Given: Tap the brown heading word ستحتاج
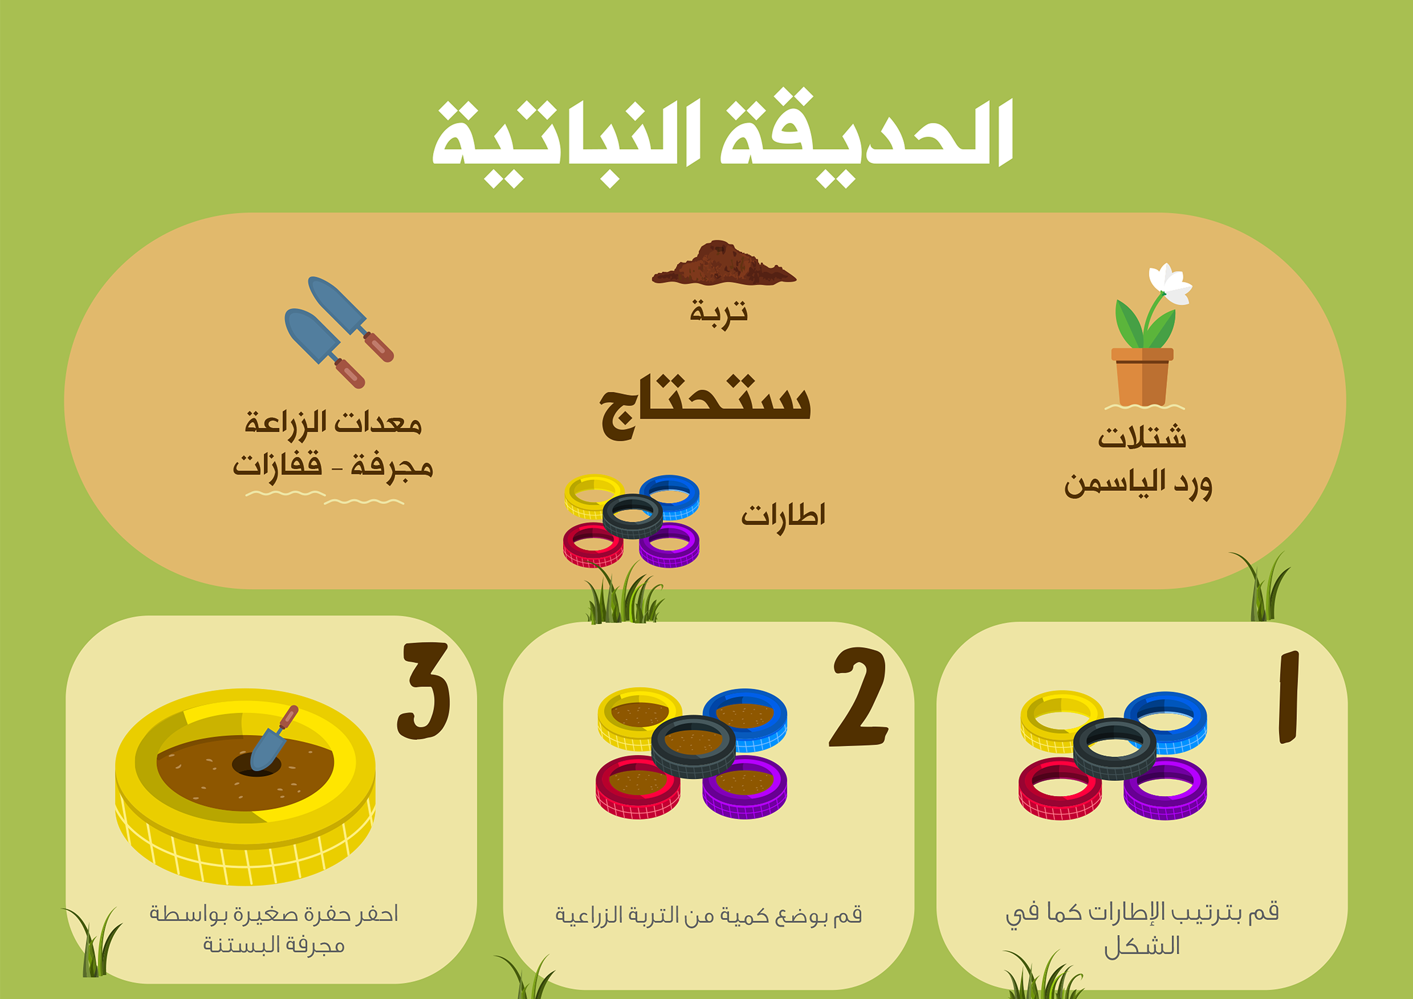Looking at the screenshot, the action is pyautogui.click(x=705, y=407).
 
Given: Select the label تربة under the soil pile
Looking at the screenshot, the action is pyautogui.click(x=718, y=313).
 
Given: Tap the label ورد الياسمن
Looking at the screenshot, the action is pyautogui.click(x=1138, y=484).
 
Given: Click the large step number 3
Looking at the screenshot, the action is pyautogui.click(x=424, y=691).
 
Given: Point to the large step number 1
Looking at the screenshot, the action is pyautogui.click(x=1288, y=697).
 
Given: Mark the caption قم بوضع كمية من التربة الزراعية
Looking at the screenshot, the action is pyautogui.click(x=708, y=915).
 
